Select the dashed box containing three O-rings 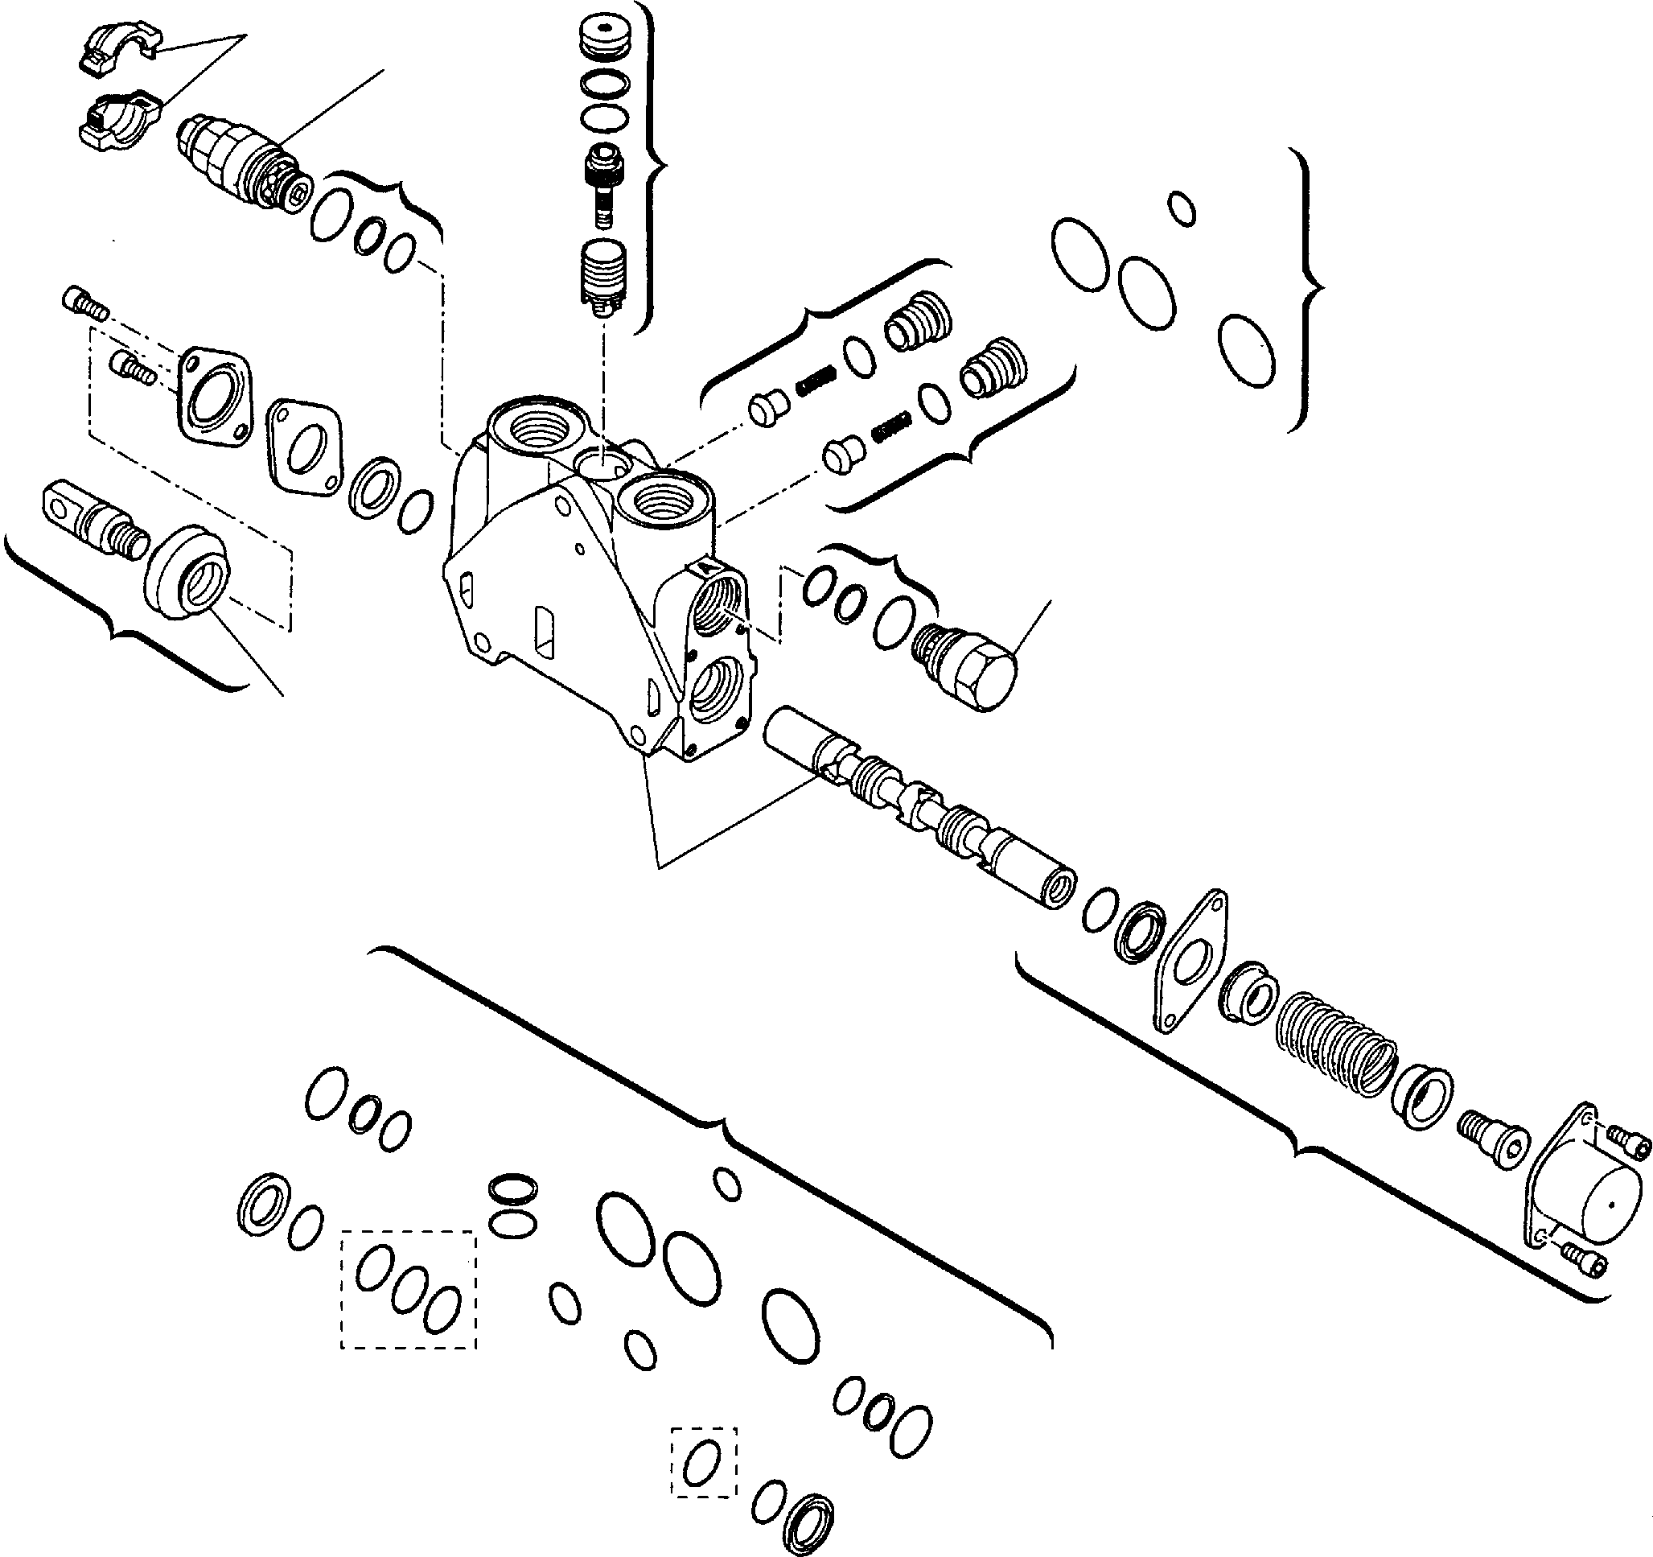pyautogui.click(x=408, y=1288)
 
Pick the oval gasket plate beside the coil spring pyautogui.click(x=1190, y=961)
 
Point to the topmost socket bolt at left pyautogui.click(x=84, y=302)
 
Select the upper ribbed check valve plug pyautogui.click(x=916, y=321)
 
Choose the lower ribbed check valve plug pyautogui.click(x=993, y=368)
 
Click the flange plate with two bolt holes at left pyautogui.click(x=214, y=395)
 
